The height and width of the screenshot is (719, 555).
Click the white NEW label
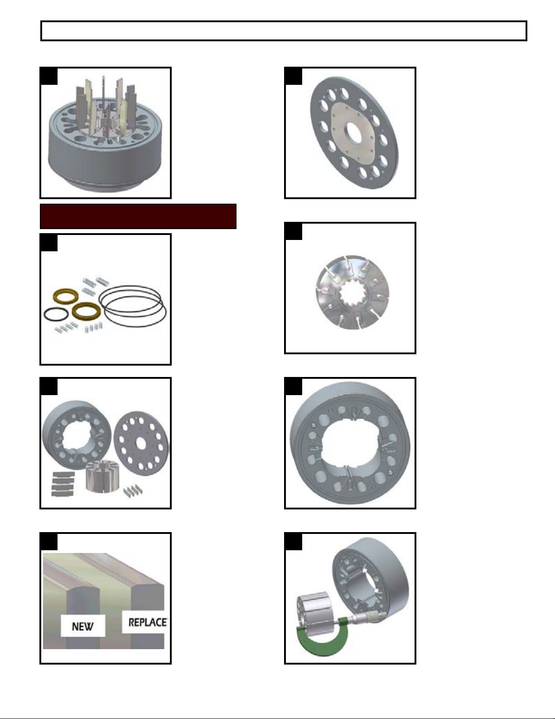pos(82,626)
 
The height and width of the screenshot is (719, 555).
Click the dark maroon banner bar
pos(138,216)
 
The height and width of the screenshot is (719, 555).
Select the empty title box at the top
pos(284,31)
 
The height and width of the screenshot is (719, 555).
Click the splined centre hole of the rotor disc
pos(352,292)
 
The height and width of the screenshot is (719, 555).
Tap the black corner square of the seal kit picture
pos(48,243)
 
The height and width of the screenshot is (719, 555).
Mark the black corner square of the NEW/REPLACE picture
pos(48,541)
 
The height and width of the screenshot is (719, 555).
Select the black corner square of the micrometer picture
pos(294,541)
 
